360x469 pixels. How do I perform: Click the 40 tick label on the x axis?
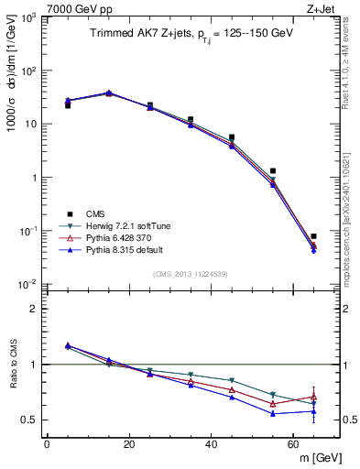pos(211,444)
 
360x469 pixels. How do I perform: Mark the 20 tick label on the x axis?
pos(128,444)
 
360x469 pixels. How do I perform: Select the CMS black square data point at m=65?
pos(313,236)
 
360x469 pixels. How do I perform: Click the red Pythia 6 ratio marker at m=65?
pos(313,397)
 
